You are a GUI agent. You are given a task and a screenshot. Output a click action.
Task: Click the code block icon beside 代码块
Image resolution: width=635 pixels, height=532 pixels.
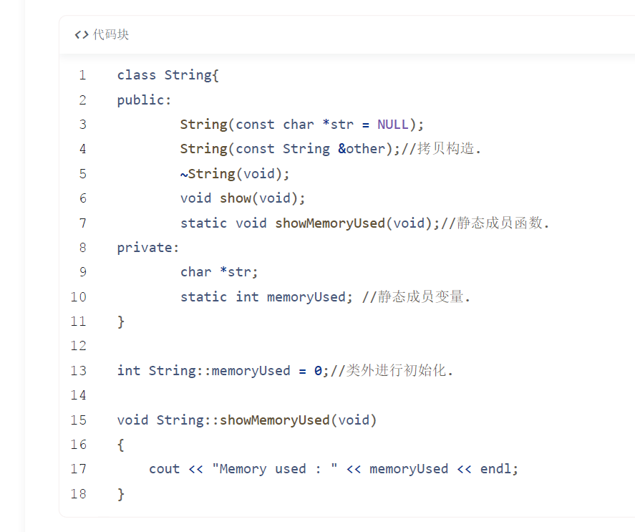tap(82, 35)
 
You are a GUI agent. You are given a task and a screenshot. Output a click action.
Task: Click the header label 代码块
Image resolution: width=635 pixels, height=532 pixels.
tap(111, 34)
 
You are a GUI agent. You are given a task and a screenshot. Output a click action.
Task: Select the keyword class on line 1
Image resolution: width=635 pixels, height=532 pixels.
tap(137, 75)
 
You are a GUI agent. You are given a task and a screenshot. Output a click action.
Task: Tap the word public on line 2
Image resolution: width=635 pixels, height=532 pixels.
tap(140, 100)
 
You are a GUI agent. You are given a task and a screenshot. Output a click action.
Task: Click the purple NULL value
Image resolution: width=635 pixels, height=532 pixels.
tap(393, 125)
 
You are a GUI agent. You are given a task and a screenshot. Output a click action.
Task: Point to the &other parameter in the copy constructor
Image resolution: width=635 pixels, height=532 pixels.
tap(362, 149)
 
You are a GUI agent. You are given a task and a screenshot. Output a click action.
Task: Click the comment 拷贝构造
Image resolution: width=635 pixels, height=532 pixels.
tap(445, 149)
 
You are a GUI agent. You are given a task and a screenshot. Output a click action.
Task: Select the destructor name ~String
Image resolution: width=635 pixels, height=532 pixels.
tap(208, 174)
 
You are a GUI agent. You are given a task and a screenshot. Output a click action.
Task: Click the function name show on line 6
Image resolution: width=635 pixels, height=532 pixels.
tap(236, 198)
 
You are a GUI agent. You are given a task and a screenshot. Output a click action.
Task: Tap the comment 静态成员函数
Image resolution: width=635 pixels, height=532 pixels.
tap(500, 223)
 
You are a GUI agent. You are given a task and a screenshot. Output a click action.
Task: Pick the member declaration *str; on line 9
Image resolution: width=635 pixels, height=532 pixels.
tap(238, 272)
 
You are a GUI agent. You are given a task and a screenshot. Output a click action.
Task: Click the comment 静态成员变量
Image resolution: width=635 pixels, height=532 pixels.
tap(421, 296)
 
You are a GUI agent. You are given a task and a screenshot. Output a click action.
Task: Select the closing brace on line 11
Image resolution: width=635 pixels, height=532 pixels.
tap(121, 321)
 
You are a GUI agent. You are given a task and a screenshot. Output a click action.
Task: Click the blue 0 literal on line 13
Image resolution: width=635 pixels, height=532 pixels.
tap(318, 371)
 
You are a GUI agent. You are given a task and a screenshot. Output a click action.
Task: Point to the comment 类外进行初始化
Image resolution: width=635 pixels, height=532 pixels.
tap(396, 370)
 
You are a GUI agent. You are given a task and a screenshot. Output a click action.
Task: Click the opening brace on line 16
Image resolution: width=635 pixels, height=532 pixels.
tap(121, 445)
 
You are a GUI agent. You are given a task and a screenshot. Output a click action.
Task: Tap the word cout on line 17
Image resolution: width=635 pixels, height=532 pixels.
tap(165, 469)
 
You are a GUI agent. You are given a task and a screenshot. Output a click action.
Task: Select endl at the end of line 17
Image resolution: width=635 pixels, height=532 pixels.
tap(495, 469)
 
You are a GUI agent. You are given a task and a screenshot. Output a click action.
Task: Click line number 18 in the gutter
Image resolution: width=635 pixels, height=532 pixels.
tap(79, 494)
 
